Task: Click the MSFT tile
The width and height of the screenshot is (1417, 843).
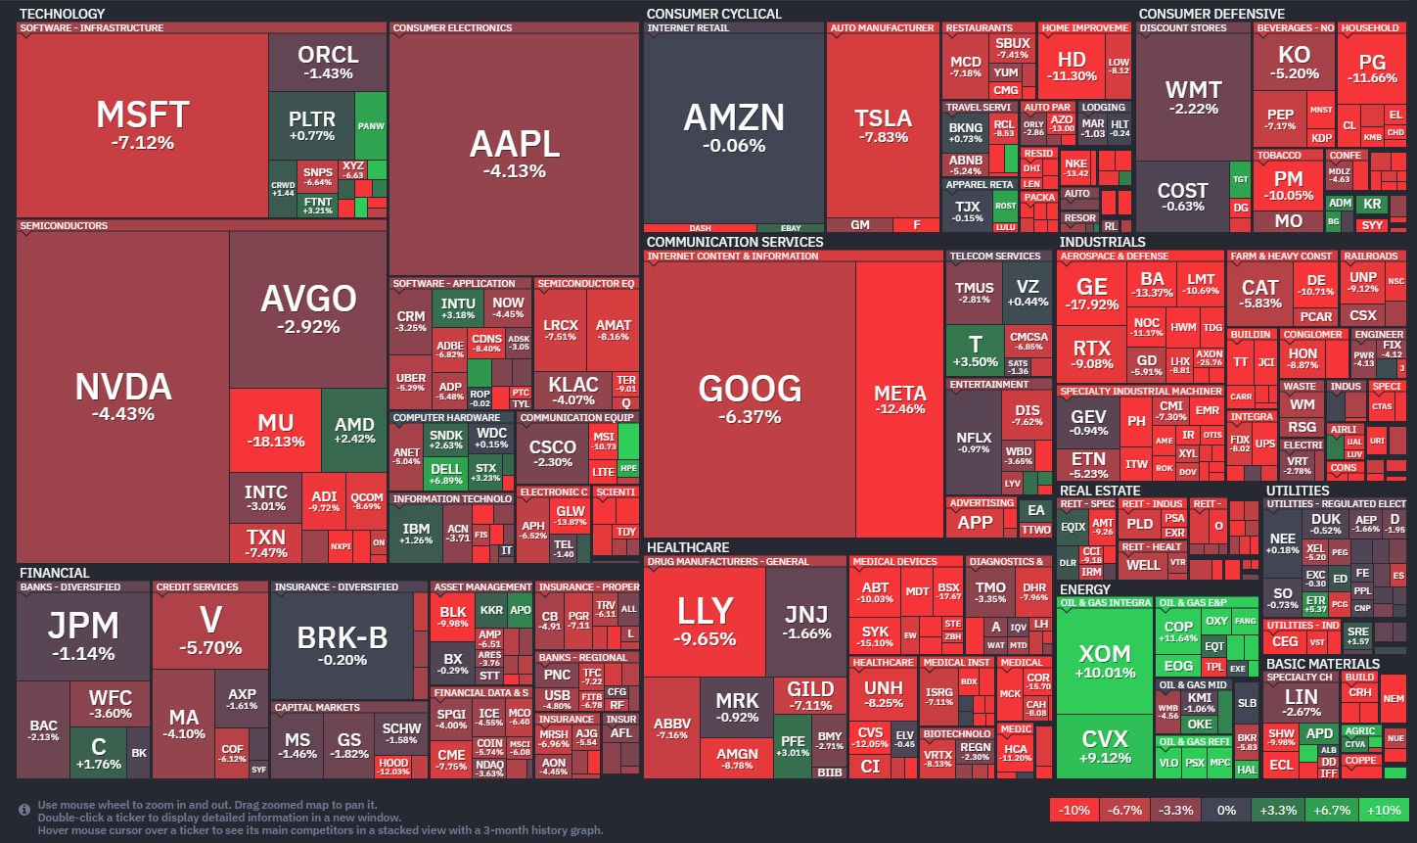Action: click(x=143, y=125)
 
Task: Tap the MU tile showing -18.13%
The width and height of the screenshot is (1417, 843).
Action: click(x=275, y=430)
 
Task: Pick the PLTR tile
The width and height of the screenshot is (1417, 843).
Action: click(x=311, y=125)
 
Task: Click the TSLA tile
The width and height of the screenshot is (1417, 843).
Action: click(x=883, y=125)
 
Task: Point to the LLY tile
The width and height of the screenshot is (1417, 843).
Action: click(x=705, y=621)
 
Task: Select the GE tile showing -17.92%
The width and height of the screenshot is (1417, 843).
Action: click(x=1092, y=294)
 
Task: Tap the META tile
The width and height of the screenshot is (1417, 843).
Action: click(x=900, y=399)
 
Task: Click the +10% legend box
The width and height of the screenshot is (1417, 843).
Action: click(x=1384, y=811)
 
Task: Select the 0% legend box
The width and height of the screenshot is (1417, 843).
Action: click(x=1226, y=811)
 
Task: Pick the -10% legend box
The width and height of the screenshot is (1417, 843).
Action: click(x=1074, y=811)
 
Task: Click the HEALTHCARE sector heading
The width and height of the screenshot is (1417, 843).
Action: click(x=688, y=547)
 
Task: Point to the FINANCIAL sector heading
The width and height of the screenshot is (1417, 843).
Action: click(x=55, y=573)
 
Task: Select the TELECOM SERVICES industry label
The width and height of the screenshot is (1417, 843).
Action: click(x=995, y=257)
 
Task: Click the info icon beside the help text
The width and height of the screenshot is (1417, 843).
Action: click(x=24, y=810)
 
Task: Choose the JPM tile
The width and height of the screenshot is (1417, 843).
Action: click(x=83, y=634)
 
